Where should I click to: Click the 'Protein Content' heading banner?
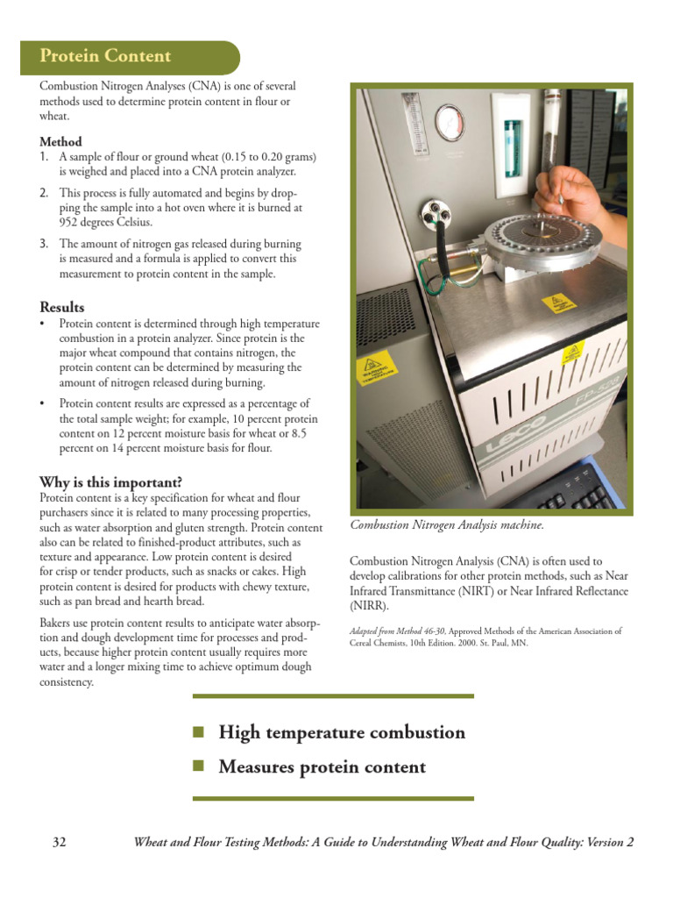[105, 57]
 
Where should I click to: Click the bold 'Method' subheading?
[60, 141]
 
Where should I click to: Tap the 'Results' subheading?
[62, 307]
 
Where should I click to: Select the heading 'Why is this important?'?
[110, 482]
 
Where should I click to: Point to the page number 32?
[60, 843]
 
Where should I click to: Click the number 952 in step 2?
[70, 223]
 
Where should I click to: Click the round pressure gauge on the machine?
[449, 119]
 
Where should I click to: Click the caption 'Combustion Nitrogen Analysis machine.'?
[447, 524]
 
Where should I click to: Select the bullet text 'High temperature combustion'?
[342, 732]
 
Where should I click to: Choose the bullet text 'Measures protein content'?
[322, 767]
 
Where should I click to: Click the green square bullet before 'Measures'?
[198, 766]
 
